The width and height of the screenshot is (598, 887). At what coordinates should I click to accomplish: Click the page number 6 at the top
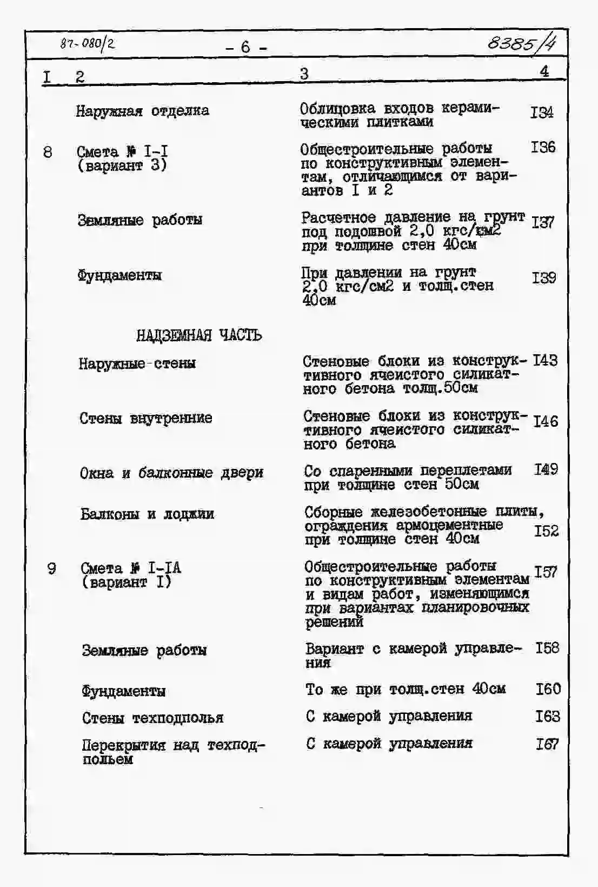246,48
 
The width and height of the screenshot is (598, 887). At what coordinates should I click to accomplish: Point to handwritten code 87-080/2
88,44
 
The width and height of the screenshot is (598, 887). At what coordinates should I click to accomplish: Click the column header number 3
304,74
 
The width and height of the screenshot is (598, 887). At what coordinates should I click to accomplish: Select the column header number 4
544,71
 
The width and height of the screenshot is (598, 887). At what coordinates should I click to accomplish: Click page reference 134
542,112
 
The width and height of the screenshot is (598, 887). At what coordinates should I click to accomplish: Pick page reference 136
543,147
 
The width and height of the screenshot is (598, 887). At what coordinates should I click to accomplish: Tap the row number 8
48,152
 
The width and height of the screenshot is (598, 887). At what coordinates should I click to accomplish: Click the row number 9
51,568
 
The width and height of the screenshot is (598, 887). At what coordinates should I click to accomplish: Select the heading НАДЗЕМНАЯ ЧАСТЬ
199,335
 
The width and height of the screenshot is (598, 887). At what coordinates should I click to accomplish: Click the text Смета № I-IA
131,568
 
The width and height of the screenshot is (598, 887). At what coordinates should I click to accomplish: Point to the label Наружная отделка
142,111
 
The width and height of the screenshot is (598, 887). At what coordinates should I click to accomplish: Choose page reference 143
545,360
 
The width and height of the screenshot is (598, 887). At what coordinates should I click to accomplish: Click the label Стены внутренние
146,418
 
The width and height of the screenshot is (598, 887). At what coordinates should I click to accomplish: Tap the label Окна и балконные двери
171,473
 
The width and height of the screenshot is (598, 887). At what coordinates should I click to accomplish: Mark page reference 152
546,531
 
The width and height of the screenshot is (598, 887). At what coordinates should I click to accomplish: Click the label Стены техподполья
152,718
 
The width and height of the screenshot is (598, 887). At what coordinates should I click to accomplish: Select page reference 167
547,744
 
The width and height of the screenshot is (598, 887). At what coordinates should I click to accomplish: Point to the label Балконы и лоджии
147,514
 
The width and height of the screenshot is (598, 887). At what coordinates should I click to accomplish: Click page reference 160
548,689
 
